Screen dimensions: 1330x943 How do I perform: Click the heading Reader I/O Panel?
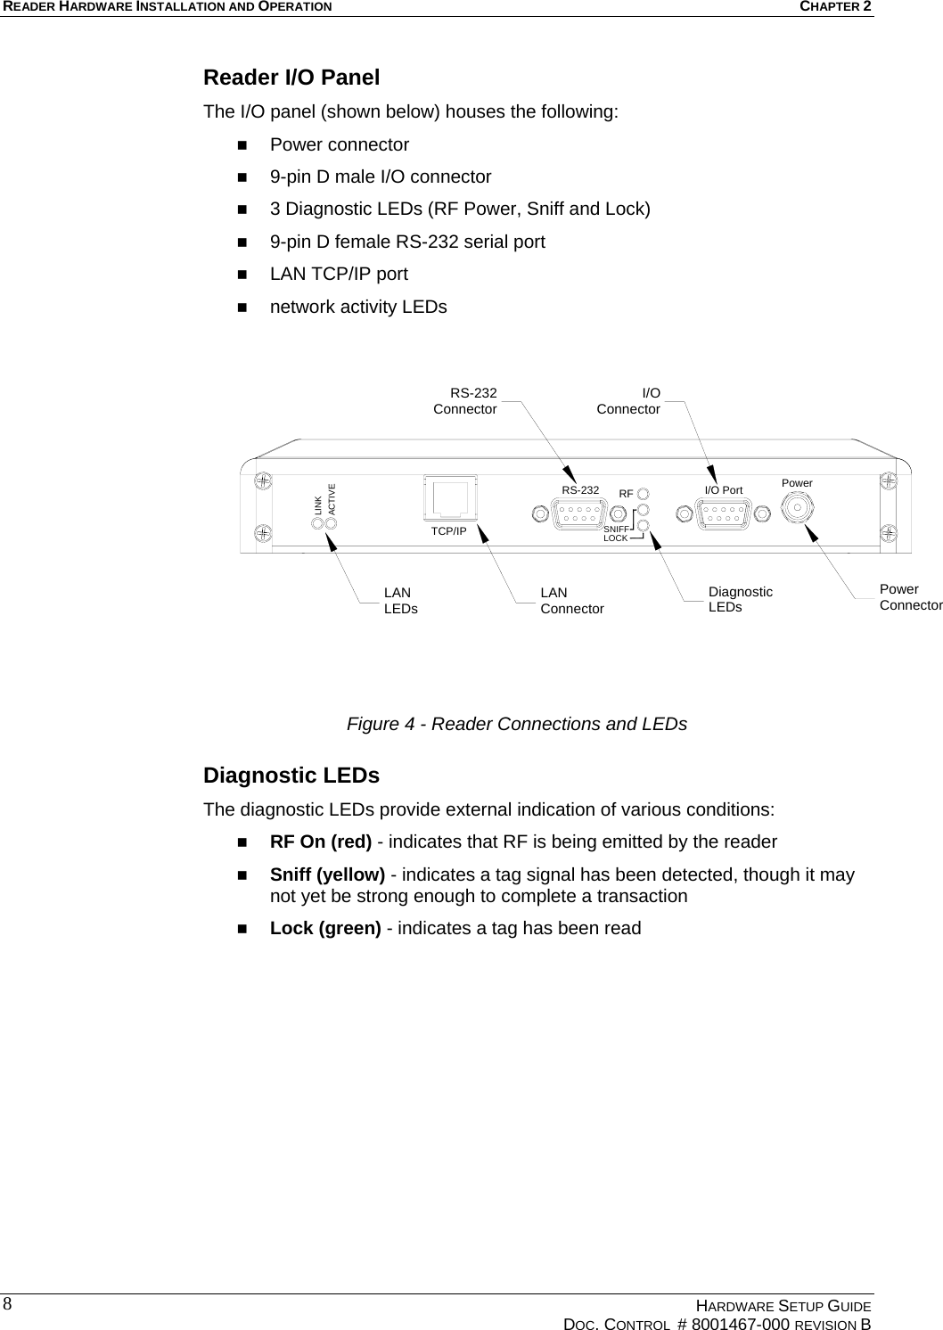click(291, 78)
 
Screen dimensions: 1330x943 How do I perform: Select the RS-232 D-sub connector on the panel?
click(579, 514)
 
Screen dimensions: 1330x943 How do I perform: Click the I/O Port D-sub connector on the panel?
click(724, 514)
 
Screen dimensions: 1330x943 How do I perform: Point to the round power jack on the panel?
click(798, 508)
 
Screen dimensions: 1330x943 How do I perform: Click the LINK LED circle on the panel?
click(317, 521)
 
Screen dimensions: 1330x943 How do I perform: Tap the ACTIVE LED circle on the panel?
click(332, 521)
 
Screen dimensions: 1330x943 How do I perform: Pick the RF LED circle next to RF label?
click(644, 493)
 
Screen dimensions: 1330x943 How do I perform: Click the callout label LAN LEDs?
click(400, 601)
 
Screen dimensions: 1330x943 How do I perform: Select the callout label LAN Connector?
click(571, 601)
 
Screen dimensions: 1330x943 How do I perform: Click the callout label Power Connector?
click(910, 597)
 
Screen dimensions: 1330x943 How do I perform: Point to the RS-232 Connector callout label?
click(465, 401)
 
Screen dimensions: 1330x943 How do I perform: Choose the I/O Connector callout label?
click(629, 401)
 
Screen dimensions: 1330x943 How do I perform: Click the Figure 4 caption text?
click(516, 724)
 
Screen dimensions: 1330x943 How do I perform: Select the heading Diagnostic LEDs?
click(291, 776)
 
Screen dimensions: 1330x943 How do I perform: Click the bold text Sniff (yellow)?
click(327, 874)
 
